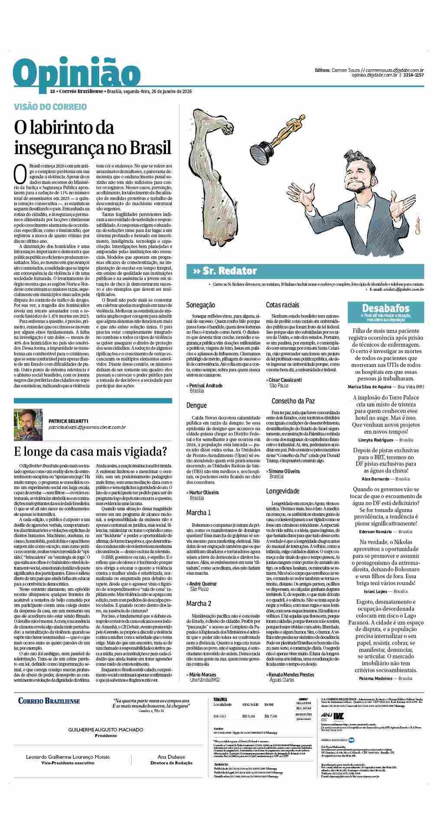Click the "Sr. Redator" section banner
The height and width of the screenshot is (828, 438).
tap(226, 271)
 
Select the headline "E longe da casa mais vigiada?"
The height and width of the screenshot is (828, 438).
tap(91, 451)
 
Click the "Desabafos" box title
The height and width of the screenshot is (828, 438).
tap(386, 308)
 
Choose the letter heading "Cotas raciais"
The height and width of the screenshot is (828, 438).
tap(282, 305)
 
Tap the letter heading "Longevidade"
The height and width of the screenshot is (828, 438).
tap(282, 491)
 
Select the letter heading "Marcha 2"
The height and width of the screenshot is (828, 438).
tap(199, 603)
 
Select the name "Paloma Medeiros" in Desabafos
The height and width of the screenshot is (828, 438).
tap(376, 678)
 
